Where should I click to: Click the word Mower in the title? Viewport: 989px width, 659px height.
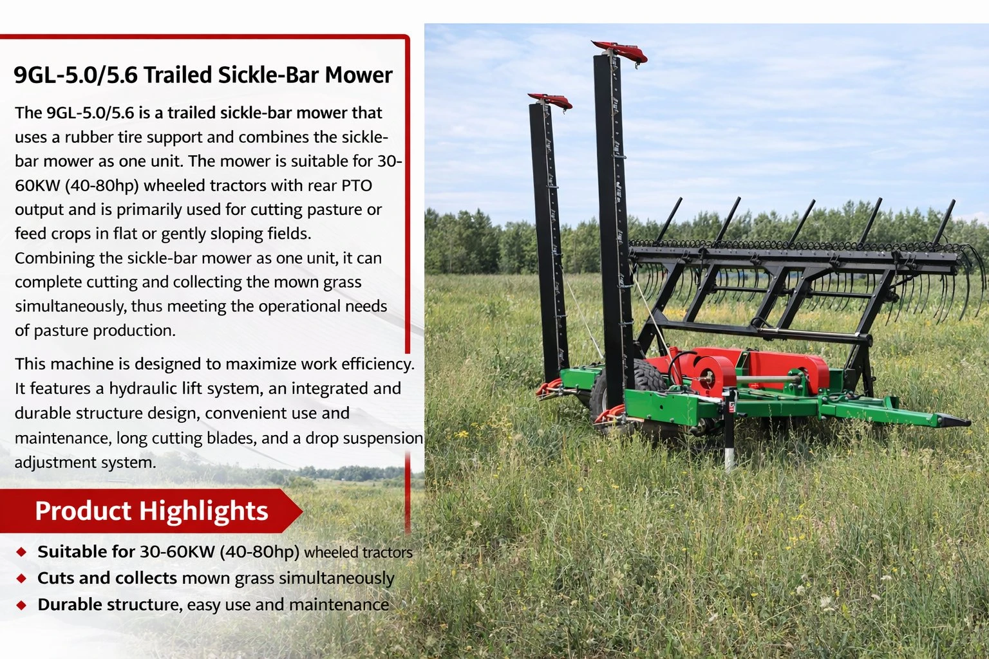[x=358, y=75]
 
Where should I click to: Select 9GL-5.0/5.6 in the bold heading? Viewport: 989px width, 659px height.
[x=75, y=75]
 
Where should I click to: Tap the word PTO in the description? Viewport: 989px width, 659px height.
[x=356, y=185]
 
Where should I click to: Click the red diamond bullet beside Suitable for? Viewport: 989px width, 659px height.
[x=22, y=552]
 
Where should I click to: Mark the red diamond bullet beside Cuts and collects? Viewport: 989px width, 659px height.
[x=22, y=579]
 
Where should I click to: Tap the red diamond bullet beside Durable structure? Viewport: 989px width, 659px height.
[x=22, y=605]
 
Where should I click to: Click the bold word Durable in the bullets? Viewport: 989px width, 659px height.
[x=70, y=605]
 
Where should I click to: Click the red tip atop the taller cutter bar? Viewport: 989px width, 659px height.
[x=620, y=51]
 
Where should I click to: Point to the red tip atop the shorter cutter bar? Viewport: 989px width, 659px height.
[x=550, y=100]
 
